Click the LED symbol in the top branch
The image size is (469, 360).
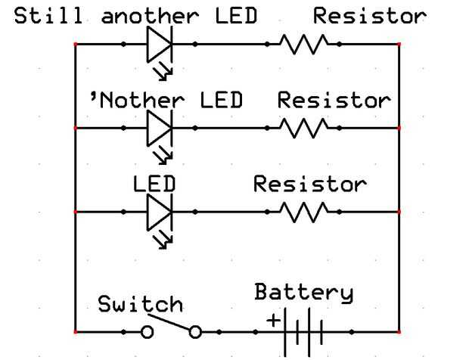tap(160, 45)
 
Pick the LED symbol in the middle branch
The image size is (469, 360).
tap(160, 128)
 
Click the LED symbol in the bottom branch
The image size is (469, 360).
tap(160, 212)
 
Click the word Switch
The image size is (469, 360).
tap(141, 305)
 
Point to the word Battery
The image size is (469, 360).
tap(303, 293)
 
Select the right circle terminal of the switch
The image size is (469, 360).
tap(196, 332)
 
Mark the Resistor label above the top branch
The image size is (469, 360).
tap(370, 16)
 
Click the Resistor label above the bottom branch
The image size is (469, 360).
tap(309, 184)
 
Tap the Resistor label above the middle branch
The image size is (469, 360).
tap(334, 100)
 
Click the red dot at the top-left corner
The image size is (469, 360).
tap(76, 45)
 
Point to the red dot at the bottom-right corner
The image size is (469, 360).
tap(399, 332)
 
